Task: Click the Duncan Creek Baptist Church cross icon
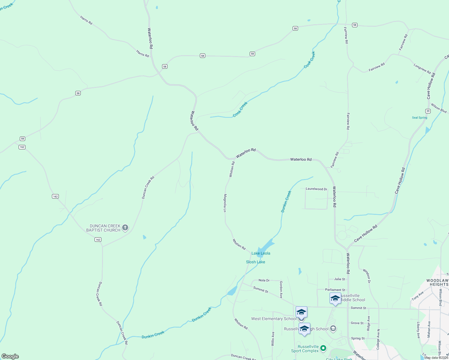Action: [125, 228]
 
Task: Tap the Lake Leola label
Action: [261, 253]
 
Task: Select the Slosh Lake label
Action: [255, 262]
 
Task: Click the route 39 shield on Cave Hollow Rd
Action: [428, 111]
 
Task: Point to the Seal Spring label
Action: [420, 118]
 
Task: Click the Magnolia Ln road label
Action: [224, 203]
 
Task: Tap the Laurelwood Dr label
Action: [316, 189]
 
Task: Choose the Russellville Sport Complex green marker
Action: [323, 348]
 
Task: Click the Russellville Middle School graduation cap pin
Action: [335, 298]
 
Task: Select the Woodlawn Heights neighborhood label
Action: [437, 282]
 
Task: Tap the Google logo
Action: [10, 356]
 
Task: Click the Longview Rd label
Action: [422, 69]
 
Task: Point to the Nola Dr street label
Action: [264, 280]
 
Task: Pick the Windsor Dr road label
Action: [367, 276]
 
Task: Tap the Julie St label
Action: [340, 279]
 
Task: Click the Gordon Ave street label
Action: [281, 289]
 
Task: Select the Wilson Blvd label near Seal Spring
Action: [439, 108]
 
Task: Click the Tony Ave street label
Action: [417, 296]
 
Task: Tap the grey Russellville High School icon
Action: [333, 329]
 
